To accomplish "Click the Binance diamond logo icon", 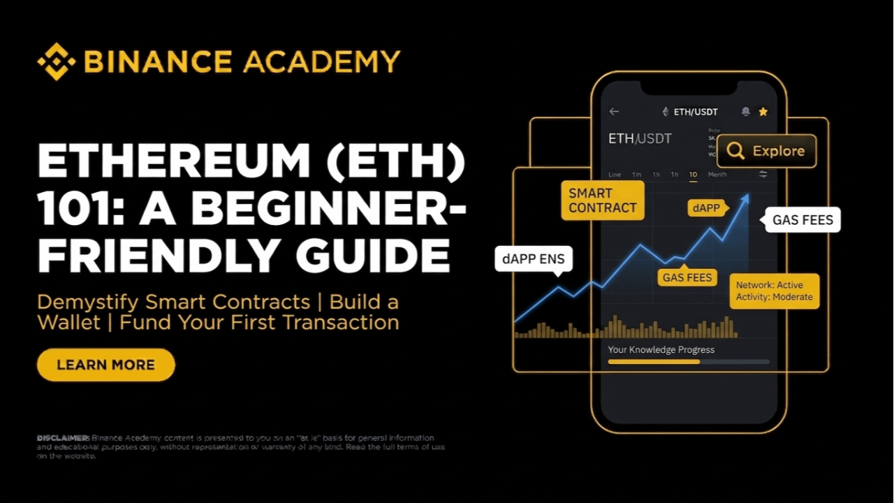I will [x=56, y=61].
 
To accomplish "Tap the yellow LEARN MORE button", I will [x=105, y=365].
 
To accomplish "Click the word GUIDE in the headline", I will [x=373, y=256].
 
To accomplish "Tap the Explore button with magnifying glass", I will [x=766, y=151].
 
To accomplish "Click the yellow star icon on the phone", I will [x=763, y=112].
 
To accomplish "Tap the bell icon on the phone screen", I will [x=745, y=112].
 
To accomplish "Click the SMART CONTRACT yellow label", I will [x=602, y=201].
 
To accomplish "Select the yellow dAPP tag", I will [x=707, y=208].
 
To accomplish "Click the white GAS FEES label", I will [x=803, y=220].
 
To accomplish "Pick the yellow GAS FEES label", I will [x=687, y=277].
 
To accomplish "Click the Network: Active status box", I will [x=774, y=291].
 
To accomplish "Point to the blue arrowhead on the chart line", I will [x=745, y=199].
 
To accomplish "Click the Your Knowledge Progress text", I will [x=661, y=349].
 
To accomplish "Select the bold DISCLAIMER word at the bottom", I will [x=63, y=437].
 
